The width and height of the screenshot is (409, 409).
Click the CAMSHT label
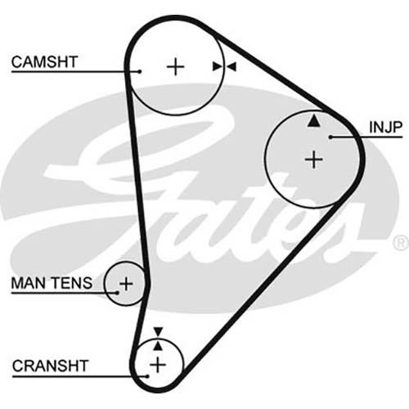[x=44, y=62]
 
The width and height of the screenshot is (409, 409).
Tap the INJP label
[x=385, y=127]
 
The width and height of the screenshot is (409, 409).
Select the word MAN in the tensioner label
[x=29, y=283]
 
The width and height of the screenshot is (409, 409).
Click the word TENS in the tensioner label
[x=72, y=283]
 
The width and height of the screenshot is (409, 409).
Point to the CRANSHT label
[x=50, y=366]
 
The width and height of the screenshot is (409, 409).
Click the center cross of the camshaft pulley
[x=175, y=67]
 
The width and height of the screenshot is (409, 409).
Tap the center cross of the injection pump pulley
[x=314, y=160]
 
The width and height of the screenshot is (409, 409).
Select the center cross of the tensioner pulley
[x=126, y=284]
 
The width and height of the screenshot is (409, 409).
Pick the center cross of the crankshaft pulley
[x=158, y=365]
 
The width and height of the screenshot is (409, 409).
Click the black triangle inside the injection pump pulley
[x=314, y=120]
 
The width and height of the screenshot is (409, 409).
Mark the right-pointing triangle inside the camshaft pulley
[x=218, y=66]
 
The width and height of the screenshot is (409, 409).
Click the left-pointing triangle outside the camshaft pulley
[x=231, y=66]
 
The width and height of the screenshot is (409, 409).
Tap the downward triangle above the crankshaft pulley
[x=158, y=331]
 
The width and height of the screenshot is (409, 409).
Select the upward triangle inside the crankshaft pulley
[x=158, y=346]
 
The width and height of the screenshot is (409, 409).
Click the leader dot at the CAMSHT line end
[x=140, y=72]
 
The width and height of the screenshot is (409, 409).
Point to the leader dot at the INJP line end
[x=330, y=137]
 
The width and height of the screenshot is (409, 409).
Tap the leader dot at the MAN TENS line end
[x=118, y=293]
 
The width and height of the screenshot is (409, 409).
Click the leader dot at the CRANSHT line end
[x=147, y=376]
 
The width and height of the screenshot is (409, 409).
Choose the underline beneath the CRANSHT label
[x=80, y=376]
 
